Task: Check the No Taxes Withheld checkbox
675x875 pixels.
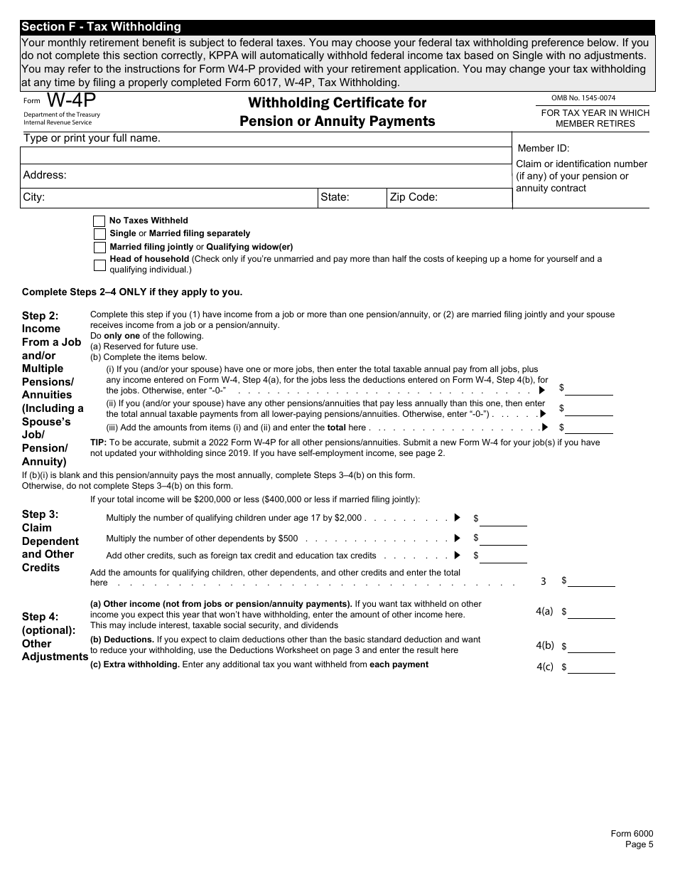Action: pos(99,221)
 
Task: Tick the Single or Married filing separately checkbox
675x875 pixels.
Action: pos(99,234)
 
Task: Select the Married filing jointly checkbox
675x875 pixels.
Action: pos(99,248)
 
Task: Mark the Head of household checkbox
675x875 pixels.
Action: pos(99,265)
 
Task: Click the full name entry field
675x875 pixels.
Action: pos(265,156)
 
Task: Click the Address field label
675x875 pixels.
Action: pos(45,175)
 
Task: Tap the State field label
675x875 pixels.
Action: pos(335,197)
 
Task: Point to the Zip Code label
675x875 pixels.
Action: pos(413,197)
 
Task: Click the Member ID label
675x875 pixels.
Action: pos(544,148)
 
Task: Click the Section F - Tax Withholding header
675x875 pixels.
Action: pos(101,27)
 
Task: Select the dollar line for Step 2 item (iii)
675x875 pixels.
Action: pos(588,428)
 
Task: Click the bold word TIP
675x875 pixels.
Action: pos(98,442)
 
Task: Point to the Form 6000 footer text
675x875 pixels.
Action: pos(632,834)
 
